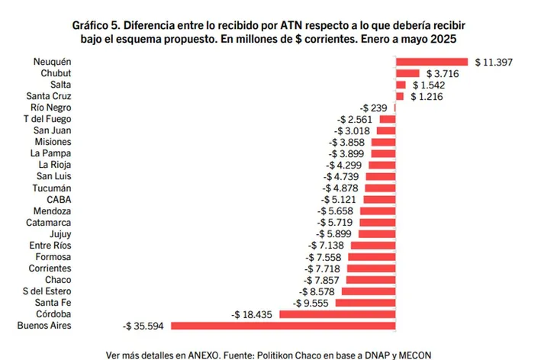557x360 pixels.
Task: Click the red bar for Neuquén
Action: pyautogui.click(x=432, y=61)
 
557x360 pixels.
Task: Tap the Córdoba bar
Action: pyautogui.click(x=338, y=314)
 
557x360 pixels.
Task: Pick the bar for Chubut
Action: pyautogui.click(x=402, y=73)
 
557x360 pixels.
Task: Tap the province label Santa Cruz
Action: pyautogui.click(x=50, y=96)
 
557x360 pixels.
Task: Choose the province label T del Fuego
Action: pyautogui.click(x=48, y=119)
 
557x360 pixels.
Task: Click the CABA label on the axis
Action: pyautogui.click(x=59, y=200)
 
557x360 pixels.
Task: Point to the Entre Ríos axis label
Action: pyautogui.click(x=50, y=246)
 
